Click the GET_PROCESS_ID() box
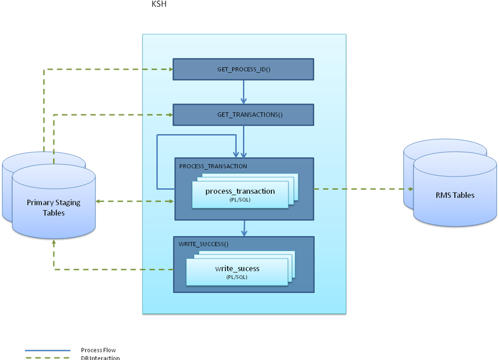[x=243, y=69]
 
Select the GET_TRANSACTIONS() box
[x=243, y=115]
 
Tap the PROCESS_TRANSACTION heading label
[x=213, y=166]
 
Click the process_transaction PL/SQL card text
[x=240, y=191]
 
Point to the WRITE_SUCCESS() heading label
[x=202, y=244]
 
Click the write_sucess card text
[x=237, y=268]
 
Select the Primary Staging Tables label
[x=54, y=207]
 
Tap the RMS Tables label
[x=455, y=195]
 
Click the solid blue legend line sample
[x=47, y=351]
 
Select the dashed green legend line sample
[x=47, y=357]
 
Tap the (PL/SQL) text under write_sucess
[x=236, y=277]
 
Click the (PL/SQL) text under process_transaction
[x=240, y=200]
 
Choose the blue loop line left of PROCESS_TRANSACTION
[x=157, y=162]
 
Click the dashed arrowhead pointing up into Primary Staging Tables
[x=54, y=244]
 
